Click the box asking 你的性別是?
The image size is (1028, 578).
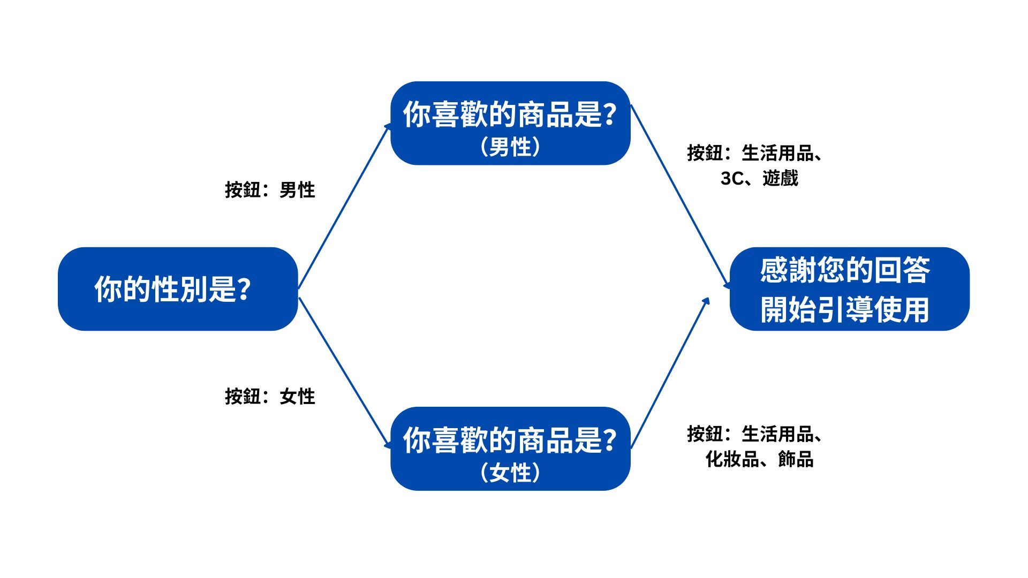point(177,289)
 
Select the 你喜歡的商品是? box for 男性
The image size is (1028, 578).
point(510,123)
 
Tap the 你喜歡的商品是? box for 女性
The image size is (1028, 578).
point(510,448)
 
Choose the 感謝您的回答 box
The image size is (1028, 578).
point(849,289)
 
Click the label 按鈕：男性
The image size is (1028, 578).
point(270,190)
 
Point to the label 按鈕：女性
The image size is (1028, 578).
point(270,397)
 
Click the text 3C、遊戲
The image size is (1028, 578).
point(759,178)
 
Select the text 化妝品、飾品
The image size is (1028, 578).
point(759,459)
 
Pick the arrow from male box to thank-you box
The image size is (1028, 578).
point(680,196)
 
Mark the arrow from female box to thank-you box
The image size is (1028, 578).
point(670,372)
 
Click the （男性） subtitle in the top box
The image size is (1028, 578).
point(510,147)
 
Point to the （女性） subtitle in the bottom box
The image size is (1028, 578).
point(510,473)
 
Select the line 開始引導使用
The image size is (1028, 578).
point(844,310)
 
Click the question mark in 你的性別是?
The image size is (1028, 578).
point(243,290)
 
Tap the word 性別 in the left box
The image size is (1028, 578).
point(179,290)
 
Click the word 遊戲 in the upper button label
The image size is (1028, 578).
point(780,178)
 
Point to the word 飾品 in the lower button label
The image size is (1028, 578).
point(796,459)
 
